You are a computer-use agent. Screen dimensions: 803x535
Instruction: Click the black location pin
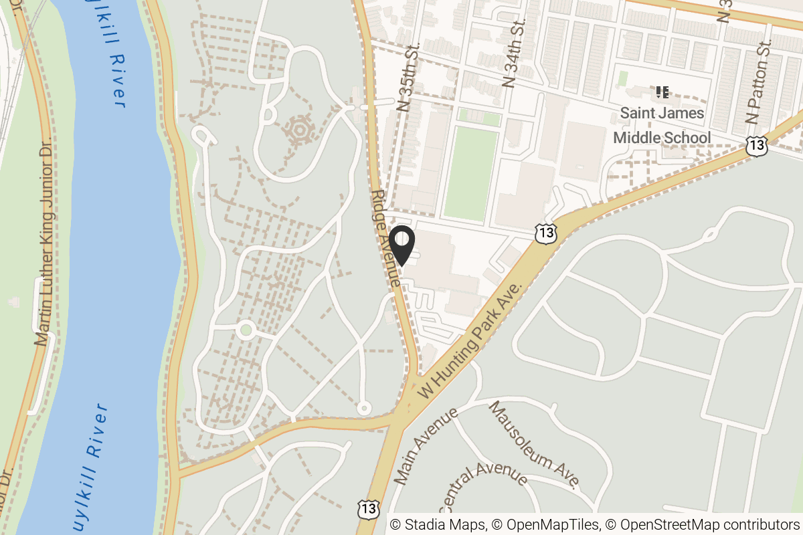(x=401, y=245)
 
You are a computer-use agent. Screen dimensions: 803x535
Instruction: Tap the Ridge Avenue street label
(x=387, y=238)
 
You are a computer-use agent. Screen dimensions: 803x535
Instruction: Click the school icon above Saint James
(x=662, y=92)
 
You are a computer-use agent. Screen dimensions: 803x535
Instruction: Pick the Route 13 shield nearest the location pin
(x=546, y=232)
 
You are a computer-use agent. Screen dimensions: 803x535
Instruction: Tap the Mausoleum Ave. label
(x=533, y=445)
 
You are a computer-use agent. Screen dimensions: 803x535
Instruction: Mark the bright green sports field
(x=471, y=174)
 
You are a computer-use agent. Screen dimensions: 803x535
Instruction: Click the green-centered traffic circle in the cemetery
(x=246, y=329)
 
